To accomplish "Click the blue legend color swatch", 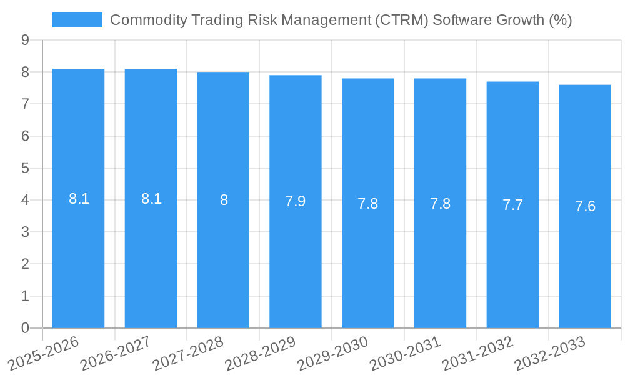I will point(77,20).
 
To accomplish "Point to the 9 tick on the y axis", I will point(25,40).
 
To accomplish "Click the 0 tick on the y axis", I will point(25,328).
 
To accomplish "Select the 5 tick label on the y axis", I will point(25,168).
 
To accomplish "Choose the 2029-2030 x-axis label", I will point(332,354).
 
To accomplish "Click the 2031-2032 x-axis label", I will point(477,354).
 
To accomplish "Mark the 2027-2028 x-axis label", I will point(187,354).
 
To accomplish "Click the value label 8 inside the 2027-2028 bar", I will point(224,201).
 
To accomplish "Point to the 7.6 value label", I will point(585,207).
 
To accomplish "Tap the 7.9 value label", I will point(296,202).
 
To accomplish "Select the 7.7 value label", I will point(512,205).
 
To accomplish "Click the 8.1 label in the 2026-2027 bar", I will point(151,199).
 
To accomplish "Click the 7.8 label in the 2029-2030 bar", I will point(367,204).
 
